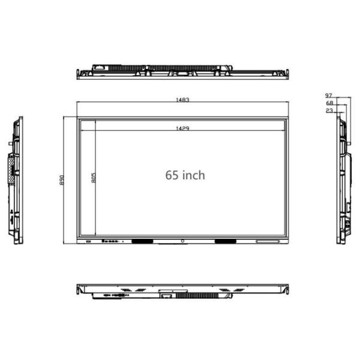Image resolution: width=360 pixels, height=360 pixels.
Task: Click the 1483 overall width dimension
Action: point(182,100)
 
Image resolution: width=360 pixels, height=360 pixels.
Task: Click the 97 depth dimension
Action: point(329,95)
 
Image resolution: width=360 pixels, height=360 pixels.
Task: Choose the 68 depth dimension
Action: point(329,103)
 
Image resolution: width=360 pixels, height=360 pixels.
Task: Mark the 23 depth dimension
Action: point(329,111)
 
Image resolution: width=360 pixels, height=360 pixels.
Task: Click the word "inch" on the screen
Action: point(194,175)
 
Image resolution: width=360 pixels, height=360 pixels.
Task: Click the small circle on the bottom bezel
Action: point(183,242)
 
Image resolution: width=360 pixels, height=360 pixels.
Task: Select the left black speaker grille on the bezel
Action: point(142,242)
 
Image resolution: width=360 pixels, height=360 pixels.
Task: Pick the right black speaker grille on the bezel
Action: point(224,242)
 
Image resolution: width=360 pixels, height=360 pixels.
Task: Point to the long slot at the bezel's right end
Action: point(268,242)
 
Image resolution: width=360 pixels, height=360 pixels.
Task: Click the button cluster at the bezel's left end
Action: point(109,242)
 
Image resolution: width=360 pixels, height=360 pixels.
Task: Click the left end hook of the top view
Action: point(79,74)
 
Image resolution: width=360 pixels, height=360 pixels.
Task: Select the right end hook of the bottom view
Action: point(286,291)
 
